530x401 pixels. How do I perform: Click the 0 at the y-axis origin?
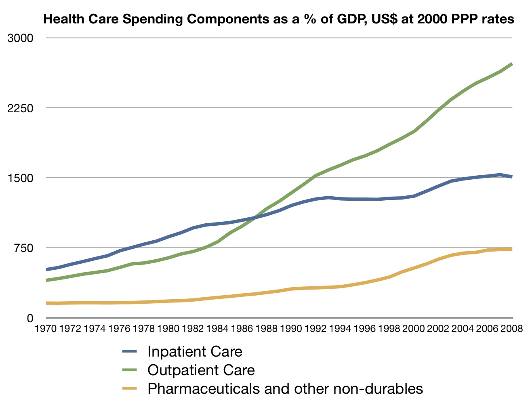(x=30, y=318)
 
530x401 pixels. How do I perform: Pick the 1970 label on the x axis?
(x=46, y=329)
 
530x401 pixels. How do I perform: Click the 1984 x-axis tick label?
(x=217, y=329)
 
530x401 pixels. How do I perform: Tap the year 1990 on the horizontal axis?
(x=291, y=329)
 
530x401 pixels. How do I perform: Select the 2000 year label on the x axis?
(x=414, y=329)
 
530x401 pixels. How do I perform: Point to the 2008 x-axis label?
(x=512, y=329)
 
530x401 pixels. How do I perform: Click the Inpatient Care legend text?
(x=195, y=352)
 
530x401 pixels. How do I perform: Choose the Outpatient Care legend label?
(x=201, y=370)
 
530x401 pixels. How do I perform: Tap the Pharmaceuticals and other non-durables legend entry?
(x=285, y=388)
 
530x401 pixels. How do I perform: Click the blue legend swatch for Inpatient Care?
(x=130, y=352)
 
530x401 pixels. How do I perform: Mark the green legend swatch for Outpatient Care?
(x=130, y=370)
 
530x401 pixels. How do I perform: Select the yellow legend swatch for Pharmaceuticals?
(x=130, y=388)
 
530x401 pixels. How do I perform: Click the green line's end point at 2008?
(x=512, y=64)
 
